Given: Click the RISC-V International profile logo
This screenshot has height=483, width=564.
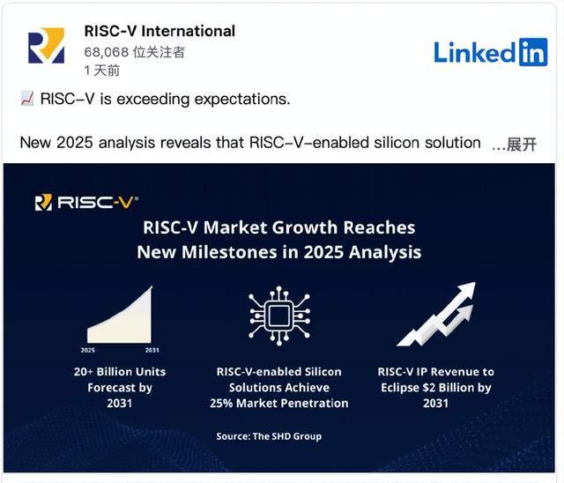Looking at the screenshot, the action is pyautogui.click(x=47, y=45).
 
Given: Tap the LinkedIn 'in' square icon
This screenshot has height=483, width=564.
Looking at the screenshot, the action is pyautogui.click(x=533, y=52).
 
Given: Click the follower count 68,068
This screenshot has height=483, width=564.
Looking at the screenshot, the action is pyautogui.click(x=106, y=52).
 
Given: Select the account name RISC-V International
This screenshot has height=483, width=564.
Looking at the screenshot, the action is pyautogui.click(x=160, y=31).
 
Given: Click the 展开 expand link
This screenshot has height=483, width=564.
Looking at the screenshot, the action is pyautogui.click(x=522, y=145).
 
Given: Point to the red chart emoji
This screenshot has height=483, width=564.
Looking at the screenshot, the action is pyautogui.click(x=27, y=99).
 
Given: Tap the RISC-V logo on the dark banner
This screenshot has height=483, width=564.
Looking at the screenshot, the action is pyautogui.click(x=86, y=203).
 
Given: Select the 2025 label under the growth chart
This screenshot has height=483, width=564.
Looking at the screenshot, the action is pyautogui.click(x=88, y=350).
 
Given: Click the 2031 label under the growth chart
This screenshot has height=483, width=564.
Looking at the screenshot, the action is pyautogui.click(x=152, y=350).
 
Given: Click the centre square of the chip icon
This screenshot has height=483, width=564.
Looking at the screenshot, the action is pyautogui.click(x=279, y=316).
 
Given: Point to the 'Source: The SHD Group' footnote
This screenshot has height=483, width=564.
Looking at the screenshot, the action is pyautogui.click(x=269, y=436).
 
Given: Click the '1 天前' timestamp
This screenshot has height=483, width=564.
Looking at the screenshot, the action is pyautogui.click(x=102, y=71).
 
